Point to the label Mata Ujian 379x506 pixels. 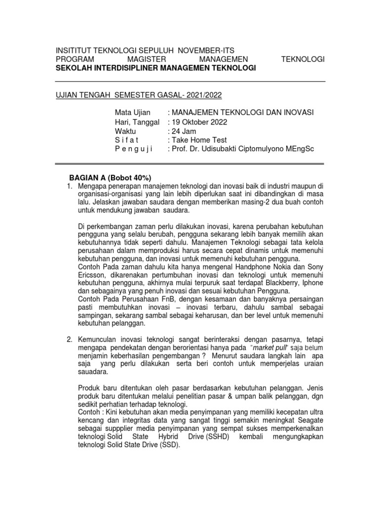tap(132, 113)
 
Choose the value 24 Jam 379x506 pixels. tap(184, 131)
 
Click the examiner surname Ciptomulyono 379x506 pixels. tap(265, 149)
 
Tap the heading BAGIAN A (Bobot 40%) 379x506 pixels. tap(109, 178)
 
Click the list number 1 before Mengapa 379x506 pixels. tap(70, 186)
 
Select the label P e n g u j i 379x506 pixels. tap(134, 149)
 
